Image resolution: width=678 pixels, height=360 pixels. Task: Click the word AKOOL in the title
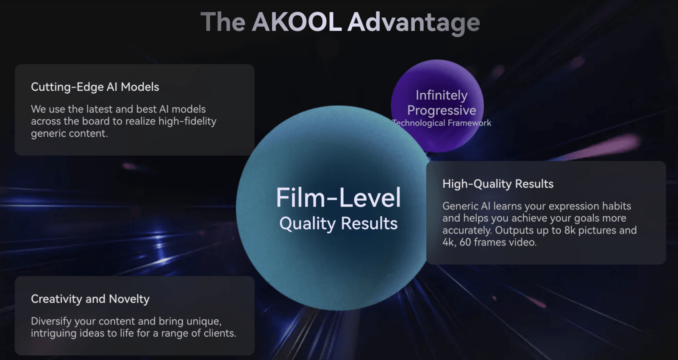[x=297, y=22]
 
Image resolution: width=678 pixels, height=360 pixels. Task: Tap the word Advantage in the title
[x=414, y=23]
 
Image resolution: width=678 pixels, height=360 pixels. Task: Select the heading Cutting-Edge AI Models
[x=95, y=87]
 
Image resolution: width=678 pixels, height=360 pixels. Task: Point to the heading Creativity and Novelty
[x=90, y=299]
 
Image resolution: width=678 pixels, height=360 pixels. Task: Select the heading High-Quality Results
[x=498, y=184]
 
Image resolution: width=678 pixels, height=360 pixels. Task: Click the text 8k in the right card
[x=570, y=230]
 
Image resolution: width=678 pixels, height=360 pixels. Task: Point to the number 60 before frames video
[x=465, y=242]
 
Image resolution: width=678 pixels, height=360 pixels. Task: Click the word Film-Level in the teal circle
[x=338, y=198]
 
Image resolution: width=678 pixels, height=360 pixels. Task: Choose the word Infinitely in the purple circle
[x=442, y=95]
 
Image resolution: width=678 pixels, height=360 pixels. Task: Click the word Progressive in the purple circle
[x=442, y=111]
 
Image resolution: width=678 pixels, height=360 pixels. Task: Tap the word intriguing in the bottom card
[x=53, y=333]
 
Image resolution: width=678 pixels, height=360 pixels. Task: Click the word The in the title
[x=223, y=22]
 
